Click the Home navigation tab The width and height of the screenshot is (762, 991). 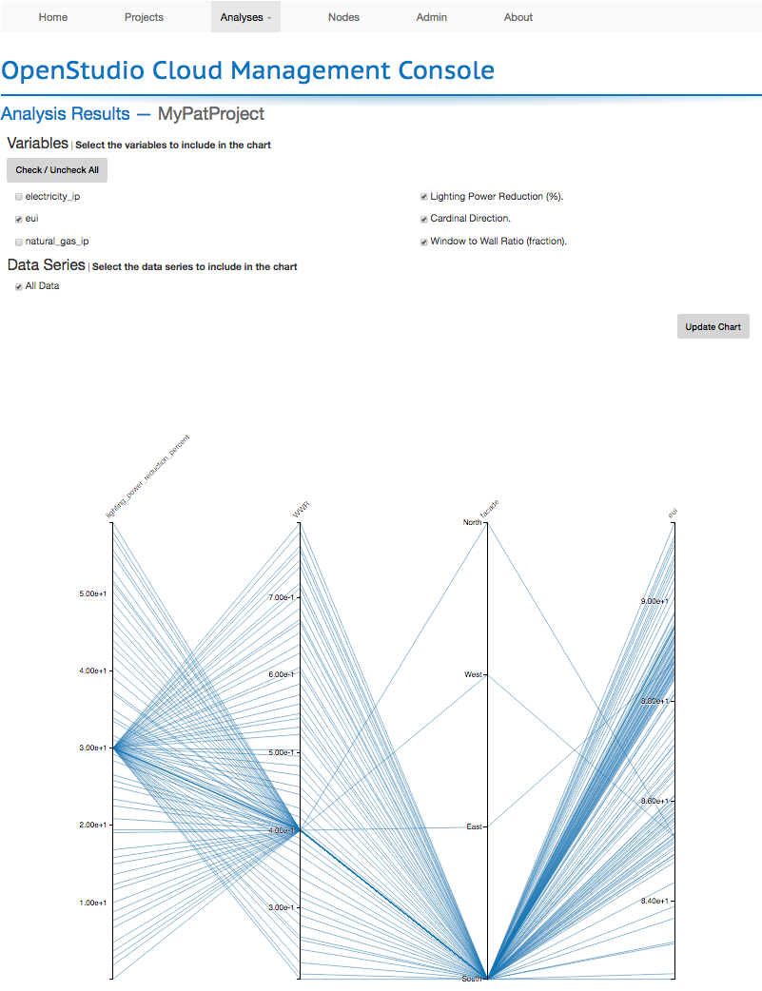point(53,17)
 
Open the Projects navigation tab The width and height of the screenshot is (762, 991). point(144,17)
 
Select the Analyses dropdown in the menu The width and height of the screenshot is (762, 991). point(245,17)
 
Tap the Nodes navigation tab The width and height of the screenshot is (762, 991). point(343,17)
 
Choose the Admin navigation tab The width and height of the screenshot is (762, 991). point(432,17)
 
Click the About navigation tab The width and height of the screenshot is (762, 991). point(518,17)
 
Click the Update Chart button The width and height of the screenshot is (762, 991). point(713,326)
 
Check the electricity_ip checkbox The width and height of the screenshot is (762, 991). point(19,197)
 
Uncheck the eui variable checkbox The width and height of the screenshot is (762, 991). point(19,219)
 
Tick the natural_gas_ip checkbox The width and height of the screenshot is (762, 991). point(19,242)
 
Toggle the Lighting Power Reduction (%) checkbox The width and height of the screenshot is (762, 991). point(423,197)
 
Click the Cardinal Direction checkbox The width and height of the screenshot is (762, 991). point(423,219)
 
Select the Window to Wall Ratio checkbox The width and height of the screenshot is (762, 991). point(423,242)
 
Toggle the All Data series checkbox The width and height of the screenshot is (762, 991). point(19,286)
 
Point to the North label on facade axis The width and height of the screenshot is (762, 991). point(472,522)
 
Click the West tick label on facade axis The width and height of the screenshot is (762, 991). point(473,674)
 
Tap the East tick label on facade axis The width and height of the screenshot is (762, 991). point(474,826)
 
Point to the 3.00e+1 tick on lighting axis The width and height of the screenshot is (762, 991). point(93,748)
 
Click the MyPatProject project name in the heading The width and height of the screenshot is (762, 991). point(211,114)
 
